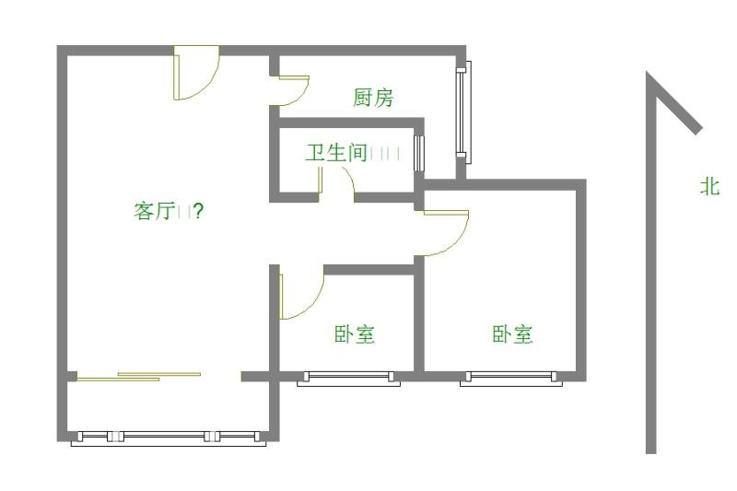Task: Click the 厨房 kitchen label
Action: (x=373, y=98)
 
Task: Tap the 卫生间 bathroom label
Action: (x=336, y=152)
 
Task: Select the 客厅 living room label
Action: (x=155, y=211)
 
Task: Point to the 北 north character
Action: (x=709, y=186)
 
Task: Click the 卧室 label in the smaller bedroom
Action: (x=354, y=333)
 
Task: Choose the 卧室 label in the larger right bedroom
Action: (x=512, y=333)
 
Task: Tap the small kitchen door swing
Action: (x=295, y=90)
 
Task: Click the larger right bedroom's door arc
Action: (x=447, y=234)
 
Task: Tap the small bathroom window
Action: (x=420, y=153)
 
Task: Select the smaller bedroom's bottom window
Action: (x=348, y=378)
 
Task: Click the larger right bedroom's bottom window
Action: (x=510, y=378)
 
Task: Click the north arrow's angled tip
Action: (x=677, y=103)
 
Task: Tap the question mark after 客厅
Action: (x=199, y=211)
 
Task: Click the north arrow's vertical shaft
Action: (x=650, y=276)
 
